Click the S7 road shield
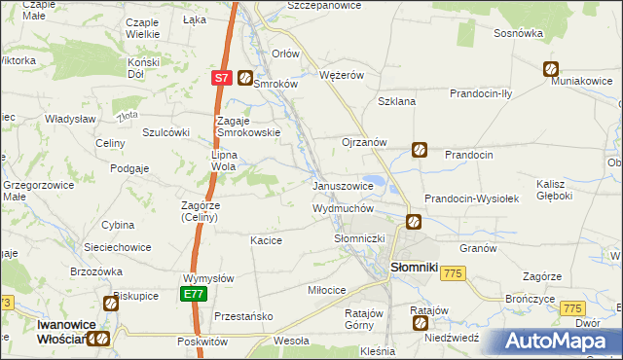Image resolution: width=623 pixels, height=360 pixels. click(x=221, y=78)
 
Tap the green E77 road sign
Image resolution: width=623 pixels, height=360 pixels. click(x=193, y=294)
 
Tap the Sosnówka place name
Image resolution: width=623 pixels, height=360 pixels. click(x=518, y=32)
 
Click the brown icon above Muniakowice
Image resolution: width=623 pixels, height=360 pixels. click(x=551, y=69)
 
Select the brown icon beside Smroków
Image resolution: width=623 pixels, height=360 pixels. click(x=245, y=78)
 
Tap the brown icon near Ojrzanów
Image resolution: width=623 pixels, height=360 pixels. click(x=419, y=150)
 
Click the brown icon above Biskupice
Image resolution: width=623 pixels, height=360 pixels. click(x=112, y=304)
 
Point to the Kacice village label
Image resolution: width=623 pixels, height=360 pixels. click(x=266, y=239)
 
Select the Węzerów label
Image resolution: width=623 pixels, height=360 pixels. click(x=341, y=74)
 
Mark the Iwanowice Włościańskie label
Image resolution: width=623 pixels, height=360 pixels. click(x=44, y=331)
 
